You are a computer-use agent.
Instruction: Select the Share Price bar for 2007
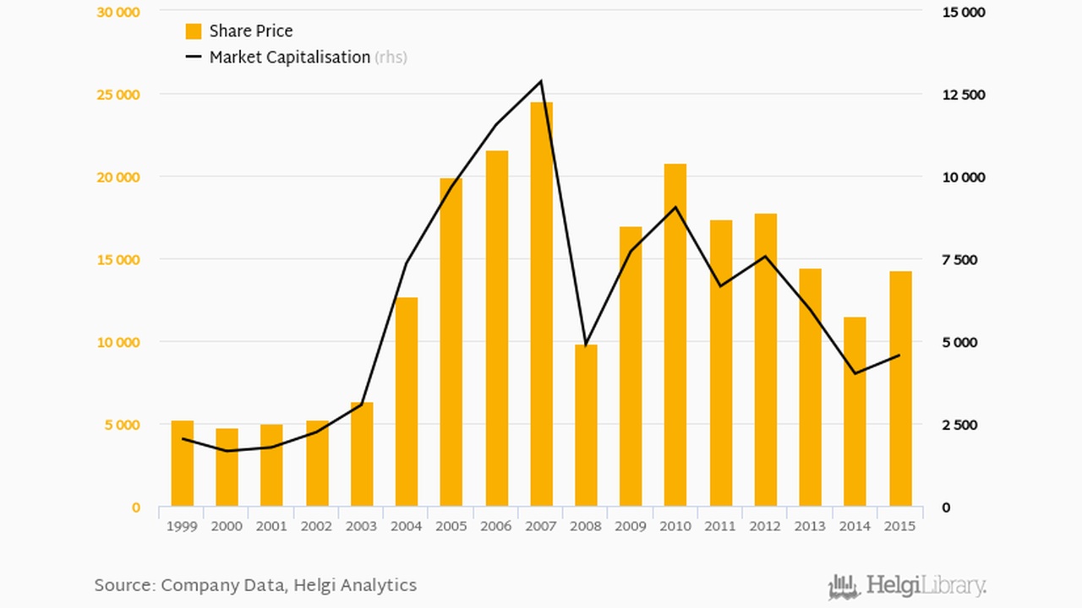(541, 304)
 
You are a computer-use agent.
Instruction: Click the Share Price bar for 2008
(586, 426)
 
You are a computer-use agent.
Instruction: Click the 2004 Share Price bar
(406, 402)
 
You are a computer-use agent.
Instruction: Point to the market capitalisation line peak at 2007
(541, 82)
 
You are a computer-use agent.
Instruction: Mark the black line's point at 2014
(855, 373)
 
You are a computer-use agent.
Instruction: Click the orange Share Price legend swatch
(194, 31)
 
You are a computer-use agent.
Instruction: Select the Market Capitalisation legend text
(289, 57)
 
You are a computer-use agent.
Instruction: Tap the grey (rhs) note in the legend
(391, 57)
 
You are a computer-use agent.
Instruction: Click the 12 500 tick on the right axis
(963, 95)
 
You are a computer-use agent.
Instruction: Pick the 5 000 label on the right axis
(959, 342)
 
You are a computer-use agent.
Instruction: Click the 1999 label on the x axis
(182, 526)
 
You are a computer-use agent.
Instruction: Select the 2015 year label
(899, 526)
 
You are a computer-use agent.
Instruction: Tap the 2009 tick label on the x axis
(631, 526)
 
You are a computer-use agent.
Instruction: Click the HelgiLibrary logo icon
(844, 586)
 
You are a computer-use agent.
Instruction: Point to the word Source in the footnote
(123, 584)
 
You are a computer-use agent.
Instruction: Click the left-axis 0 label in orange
(135, 508)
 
